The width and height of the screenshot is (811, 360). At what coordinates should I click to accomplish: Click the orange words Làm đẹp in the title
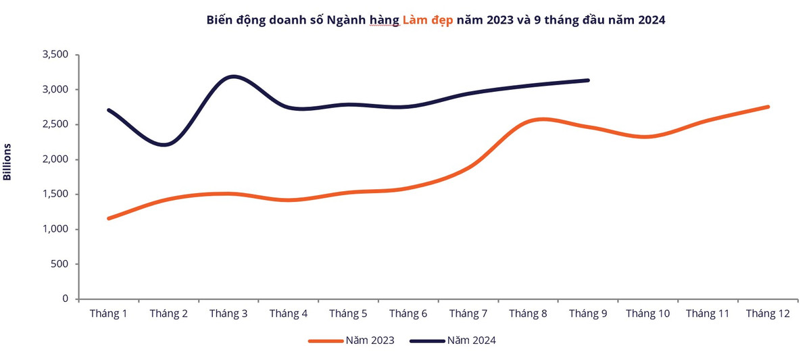tap(428, 20)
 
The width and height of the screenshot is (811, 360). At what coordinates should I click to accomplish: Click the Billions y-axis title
tap(8, 161)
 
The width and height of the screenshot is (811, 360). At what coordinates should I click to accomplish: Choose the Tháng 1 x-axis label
tap(109, 313)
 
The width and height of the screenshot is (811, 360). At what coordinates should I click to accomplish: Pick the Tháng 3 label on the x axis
tap(228, 313)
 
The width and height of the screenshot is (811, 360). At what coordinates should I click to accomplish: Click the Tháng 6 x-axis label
tap(408, 313)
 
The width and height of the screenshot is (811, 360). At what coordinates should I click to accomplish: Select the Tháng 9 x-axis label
tap(588, 313)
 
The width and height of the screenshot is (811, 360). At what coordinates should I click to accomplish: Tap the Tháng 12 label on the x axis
tap(768, 313)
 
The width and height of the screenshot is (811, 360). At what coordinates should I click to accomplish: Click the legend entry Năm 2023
tap(351, 340)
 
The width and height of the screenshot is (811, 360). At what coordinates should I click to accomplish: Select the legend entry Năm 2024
tap(453, 340)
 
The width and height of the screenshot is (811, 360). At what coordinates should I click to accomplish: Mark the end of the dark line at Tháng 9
tap(588, 80)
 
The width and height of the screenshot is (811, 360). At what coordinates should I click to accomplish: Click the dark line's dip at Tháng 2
tap(166, 145)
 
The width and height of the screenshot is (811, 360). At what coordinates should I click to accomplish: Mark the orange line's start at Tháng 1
tap(109, 218)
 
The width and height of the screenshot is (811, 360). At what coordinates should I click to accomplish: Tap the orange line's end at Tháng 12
tap(768, 107)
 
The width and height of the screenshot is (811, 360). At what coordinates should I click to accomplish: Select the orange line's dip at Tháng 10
tap(647, 137)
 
